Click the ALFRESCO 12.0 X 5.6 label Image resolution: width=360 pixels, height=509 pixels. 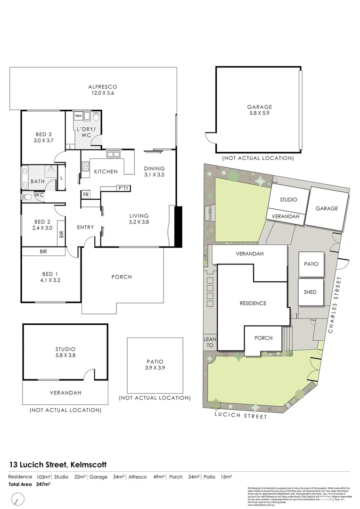pos(102,90)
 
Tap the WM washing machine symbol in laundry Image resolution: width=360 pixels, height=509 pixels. pos(78,115)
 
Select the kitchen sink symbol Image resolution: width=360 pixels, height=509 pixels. pos(113,154)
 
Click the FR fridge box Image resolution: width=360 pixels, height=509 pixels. pos(86,194)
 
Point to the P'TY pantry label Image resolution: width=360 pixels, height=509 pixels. pos(123,189)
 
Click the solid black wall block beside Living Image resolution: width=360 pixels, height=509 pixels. pos(178,226)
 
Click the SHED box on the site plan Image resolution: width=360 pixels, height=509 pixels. pos(310,292)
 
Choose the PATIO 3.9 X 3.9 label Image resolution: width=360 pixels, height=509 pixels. pos(155,365)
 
